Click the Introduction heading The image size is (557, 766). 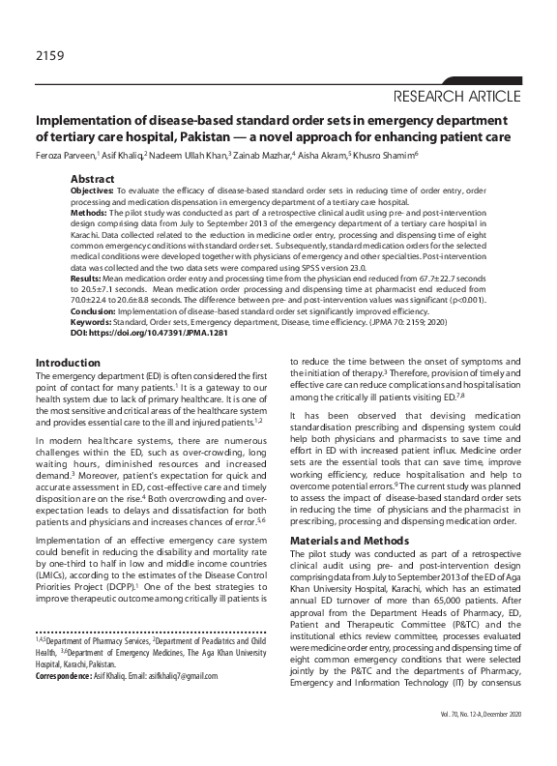(x=69, y=362)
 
